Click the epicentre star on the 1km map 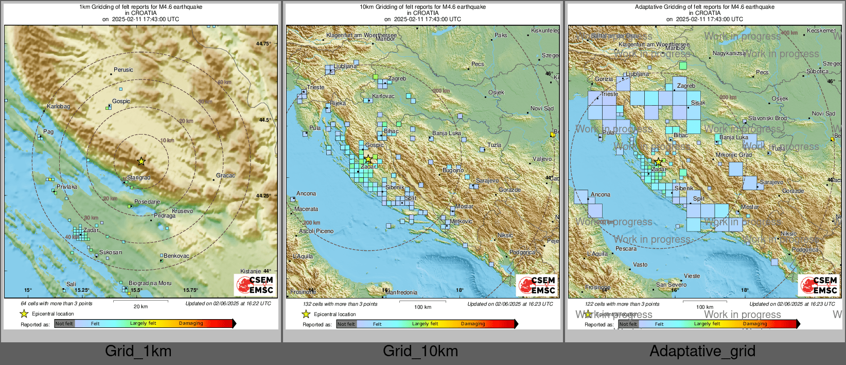[141, 161]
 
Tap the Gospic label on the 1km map [121, 101]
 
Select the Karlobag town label [58, 107]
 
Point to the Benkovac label [177, 256]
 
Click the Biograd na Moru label [150, 283]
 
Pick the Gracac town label [225, 176]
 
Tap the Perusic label [124, 70]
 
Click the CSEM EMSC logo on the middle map [537, 285]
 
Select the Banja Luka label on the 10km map [447, 133]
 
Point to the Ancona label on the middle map [306, 193]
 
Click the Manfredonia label [401, 292]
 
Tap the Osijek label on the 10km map [496, 92]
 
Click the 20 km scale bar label [140, 306]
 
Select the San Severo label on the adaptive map [671, 285]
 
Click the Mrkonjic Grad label [734, 155]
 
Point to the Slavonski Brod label [767, 118]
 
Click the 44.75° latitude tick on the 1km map [263, 44]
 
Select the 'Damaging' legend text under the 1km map [191, 323]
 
